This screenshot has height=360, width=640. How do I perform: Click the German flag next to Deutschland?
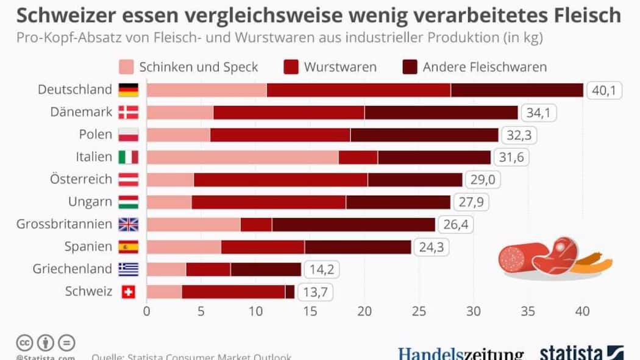tap(128, 90)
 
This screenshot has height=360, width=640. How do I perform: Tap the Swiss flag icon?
tap(128, 292)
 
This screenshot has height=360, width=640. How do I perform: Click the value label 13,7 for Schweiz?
tap(315, 292)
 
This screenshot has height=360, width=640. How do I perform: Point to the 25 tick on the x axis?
tap(419, 311)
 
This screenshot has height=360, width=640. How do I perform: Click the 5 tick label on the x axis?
tap(201, 311)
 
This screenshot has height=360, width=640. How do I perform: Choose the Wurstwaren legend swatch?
tap(291, 67)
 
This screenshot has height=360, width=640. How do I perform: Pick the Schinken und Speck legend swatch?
tap(126, 67)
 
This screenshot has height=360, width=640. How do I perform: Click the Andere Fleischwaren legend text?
tap(485, 67)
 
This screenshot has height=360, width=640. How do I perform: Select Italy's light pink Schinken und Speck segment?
tap(243, 157)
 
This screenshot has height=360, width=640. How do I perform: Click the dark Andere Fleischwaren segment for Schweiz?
tap(290, 292)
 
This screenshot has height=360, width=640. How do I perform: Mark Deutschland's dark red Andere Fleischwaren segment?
tap(517, 90)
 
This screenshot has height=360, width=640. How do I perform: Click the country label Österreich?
tap(81, 179)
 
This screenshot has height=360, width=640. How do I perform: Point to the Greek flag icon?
tap(128, 269)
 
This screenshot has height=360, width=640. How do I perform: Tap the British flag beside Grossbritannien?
tap(128, 224)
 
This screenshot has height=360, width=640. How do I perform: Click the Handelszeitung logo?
tap(461, 354)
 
